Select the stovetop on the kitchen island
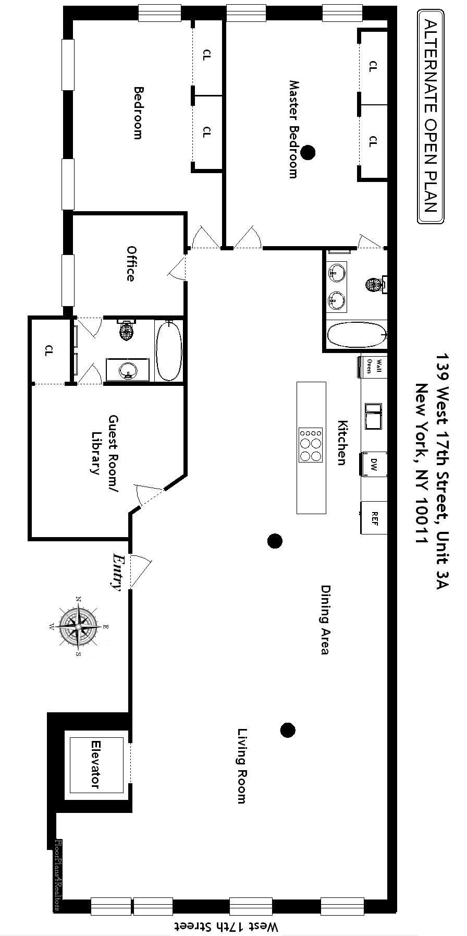point(311,445)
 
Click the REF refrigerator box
point(374,518)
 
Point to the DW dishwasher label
point(374,464)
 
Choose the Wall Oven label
point(374,366)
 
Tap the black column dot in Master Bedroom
point(309,152)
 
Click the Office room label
point(130,264)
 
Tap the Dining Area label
point(325,619)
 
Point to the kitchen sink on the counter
point(373,415)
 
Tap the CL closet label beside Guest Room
point(49,350)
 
